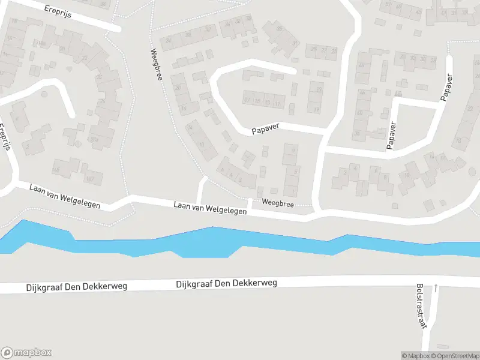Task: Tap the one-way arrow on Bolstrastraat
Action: [x=436, y=289]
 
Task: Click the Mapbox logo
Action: [x=26, y=353]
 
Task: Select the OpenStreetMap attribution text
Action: [x=460, y=356]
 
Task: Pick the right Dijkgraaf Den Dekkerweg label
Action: [x=226, y=283]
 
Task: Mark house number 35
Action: [x=279, y=29]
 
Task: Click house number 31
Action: [x=295, y=43]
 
